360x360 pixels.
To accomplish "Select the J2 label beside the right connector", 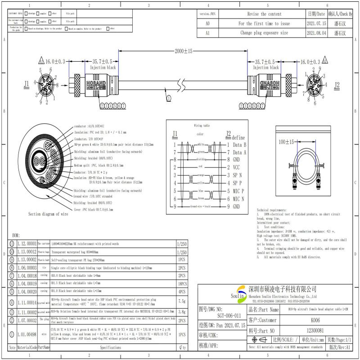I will tap(337, 84).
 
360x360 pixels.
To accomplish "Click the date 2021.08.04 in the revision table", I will tap(316, 33).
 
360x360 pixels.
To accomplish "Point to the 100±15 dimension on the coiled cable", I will tap(286, 142).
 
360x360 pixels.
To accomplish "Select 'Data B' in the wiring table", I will tap(239, 145).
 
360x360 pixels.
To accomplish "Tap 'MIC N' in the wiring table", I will tap(238, 198).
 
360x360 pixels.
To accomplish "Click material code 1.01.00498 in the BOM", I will tap(27, 335).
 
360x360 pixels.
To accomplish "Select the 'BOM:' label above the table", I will tap(16, 235).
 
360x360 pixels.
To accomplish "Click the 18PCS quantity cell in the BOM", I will tap(183, 283).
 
